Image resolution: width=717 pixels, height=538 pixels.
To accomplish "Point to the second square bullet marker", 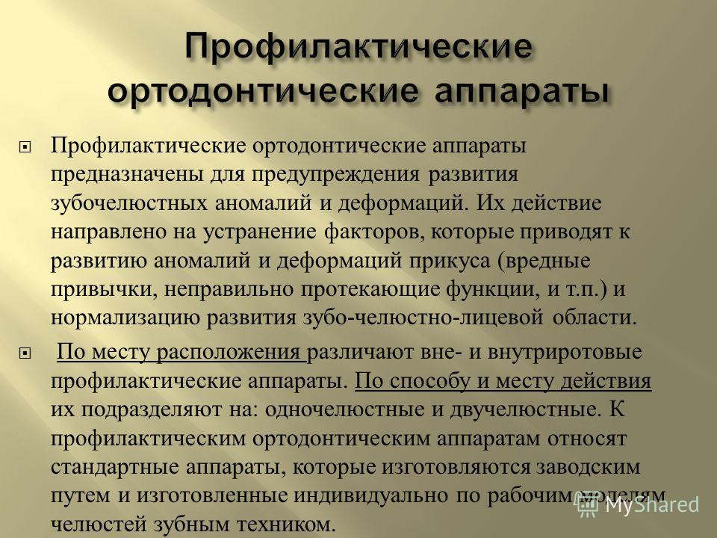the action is click(x=25, y=353).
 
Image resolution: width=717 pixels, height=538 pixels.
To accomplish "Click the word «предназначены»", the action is click(x=127, y=175).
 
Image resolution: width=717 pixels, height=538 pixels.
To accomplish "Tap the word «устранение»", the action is click(x=259, y=232).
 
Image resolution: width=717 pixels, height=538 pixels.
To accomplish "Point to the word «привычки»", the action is click(x=103, y=290).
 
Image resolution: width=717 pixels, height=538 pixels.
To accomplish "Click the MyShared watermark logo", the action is click(x=639, y=504).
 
